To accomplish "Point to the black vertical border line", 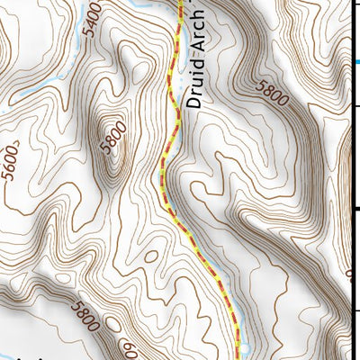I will tap(349, 180).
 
